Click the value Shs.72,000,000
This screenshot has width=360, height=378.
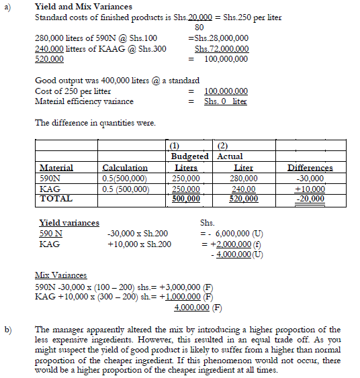[222, 48]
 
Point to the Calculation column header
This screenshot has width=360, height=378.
[125, 167]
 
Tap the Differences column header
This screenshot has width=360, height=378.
[310, 167]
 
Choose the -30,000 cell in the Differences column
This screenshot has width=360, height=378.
[311, 178]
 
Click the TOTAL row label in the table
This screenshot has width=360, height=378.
[56, 199]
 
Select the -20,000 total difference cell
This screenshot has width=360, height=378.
[311, 199]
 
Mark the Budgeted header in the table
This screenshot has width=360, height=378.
[191, 156]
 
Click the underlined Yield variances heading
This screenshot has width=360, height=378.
[69, 223]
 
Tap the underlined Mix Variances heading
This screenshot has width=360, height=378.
[62, 275]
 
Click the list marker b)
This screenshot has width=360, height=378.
[9, 329]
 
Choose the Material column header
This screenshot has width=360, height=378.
[56, 167]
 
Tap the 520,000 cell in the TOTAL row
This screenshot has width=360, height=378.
[243, 199]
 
